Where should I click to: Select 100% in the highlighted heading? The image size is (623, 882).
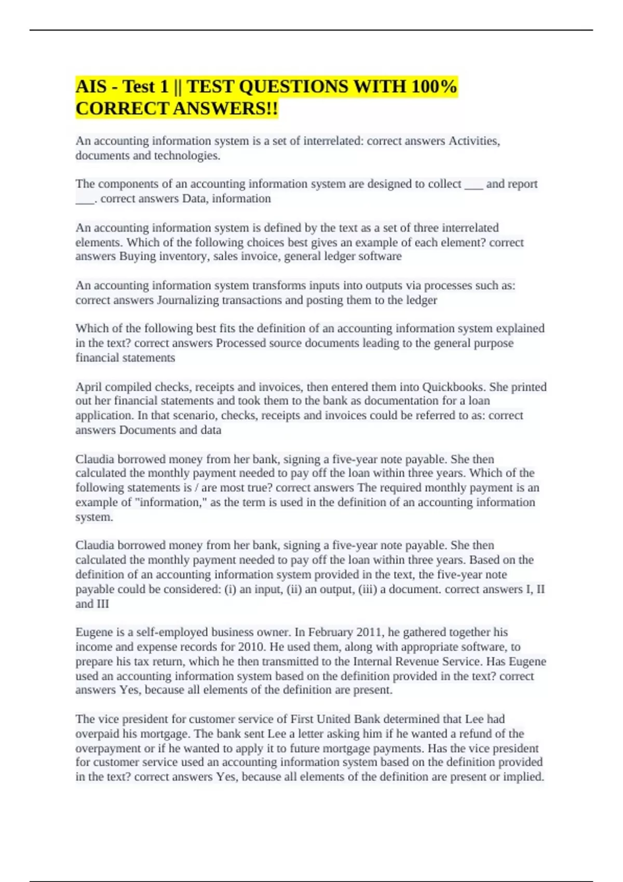click(x=434, y=86)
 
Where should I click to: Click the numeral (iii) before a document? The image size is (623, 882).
click(x=368, y=589)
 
